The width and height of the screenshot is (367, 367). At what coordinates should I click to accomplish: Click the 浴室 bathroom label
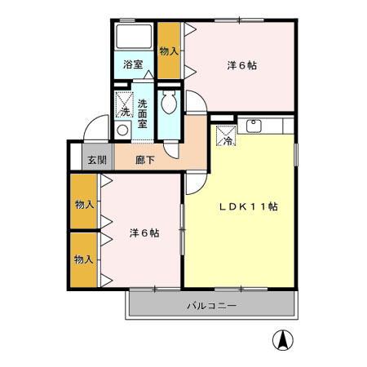click(133, 64)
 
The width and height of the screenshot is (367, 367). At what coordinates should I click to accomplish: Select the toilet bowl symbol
click(170, 104)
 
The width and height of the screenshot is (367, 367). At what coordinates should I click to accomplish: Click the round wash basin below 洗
click(123, 130)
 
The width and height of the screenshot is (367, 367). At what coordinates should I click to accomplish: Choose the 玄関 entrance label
click(97, 160)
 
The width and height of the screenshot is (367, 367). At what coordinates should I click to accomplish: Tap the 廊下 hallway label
click(144, 160)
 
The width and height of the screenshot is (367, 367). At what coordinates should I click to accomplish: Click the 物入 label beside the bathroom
click(169, 51)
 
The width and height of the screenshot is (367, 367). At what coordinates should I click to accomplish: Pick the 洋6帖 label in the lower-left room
click(144, 233)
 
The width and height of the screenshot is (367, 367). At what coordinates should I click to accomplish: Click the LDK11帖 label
click(248, 207)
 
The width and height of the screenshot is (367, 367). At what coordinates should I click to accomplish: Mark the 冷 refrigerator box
click(224, 135)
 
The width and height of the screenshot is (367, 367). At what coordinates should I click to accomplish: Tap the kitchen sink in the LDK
click(252, 126)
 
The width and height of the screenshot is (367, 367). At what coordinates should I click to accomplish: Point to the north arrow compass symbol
click(283, 338)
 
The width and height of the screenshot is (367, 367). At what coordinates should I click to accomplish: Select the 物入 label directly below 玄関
click(83, 204)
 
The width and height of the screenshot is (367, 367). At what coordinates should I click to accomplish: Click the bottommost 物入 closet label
click(83, 259)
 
